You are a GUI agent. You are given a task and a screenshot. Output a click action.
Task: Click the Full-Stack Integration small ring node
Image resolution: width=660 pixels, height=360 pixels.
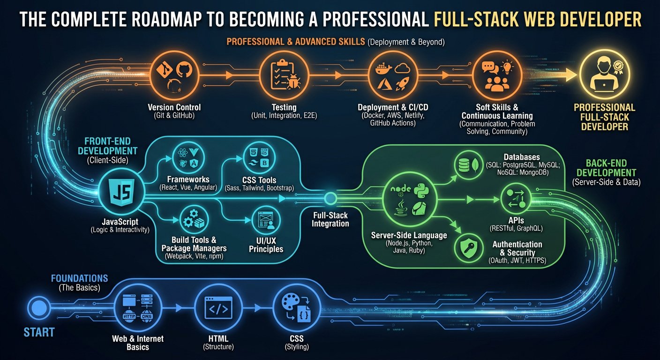330,199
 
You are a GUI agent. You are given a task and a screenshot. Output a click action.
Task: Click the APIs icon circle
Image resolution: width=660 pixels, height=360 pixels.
515,199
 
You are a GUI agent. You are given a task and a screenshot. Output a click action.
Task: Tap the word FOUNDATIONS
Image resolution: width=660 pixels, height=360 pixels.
79,278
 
